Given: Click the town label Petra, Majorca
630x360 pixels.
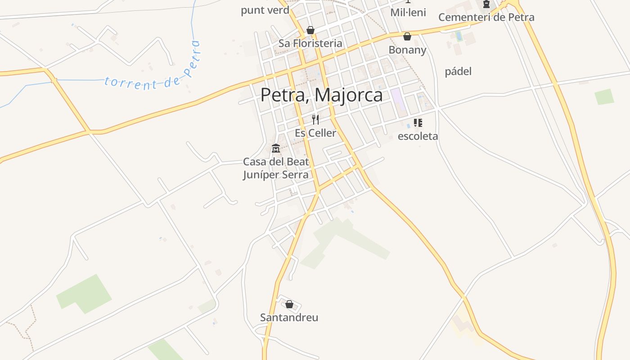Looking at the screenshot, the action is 321,95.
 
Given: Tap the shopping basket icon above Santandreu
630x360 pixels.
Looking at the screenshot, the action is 289,305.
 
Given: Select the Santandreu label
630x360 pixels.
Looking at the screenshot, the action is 289,317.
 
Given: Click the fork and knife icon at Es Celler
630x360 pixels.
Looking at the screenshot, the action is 315,120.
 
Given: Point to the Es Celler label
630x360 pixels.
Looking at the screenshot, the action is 315,133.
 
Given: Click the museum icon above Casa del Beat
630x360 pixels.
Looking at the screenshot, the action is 276,148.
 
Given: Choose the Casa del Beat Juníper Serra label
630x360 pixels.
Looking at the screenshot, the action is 276,168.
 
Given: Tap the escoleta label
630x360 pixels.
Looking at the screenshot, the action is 418,136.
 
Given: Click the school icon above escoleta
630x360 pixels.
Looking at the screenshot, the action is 418,123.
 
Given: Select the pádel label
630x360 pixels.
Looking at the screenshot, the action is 458,72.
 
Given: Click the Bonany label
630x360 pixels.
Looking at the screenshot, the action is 407,49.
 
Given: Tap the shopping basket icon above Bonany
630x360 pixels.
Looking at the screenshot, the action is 407,36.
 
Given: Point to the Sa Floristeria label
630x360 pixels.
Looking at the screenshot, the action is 310,43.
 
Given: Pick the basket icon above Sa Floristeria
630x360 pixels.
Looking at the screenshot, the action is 310,30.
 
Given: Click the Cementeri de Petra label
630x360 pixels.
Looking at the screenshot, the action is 486,17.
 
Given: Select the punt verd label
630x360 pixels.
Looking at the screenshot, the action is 265,10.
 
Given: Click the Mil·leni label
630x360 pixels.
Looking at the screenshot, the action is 408,12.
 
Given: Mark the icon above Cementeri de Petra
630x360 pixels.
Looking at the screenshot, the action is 486,4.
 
